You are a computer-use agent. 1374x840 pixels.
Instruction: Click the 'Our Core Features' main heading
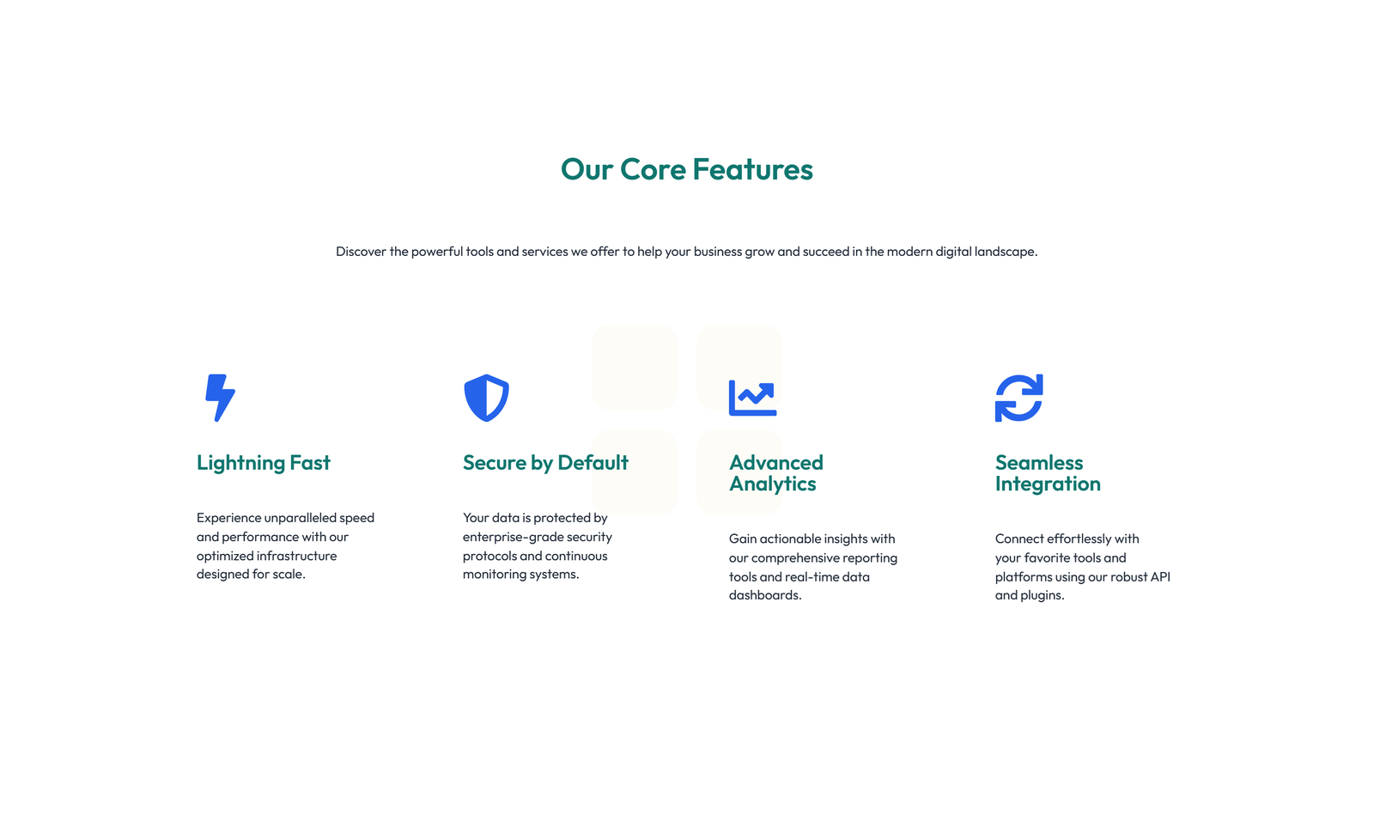pyautogui.click(x=686, y=169)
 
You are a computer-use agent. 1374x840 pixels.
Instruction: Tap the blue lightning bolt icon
pyautogui.click(x=220, y=398)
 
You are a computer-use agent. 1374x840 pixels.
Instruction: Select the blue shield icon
pyautogui.click(x=486, y=398)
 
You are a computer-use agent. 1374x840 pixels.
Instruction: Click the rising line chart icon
pyautogui.click(x=752, y=398)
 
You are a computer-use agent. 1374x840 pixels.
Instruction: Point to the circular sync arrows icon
pyautogui.click(x=1018, y=398)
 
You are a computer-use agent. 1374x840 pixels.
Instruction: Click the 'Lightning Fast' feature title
pyautogui.click(x=263, y=463)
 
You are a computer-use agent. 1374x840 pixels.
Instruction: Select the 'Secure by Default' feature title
pyautogui.click(x=545, y=463)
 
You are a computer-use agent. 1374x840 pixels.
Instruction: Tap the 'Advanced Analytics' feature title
pyautogui.click(x=775, y=473)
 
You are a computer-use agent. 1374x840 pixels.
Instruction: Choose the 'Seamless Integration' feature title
pyautogui.click(x=1047, y=473)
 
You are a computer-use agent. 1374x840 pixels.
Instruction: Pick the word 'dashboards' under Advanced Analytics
pyautogui.click(x=763, y=595)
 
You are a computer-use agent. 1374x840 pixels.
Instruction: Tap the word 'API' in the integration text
pyautogui.click(x=1160, y=576)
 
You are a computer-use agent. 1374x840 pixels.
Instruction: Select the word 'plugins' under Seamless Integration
pyautogui.click(x=1042, y=595)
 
